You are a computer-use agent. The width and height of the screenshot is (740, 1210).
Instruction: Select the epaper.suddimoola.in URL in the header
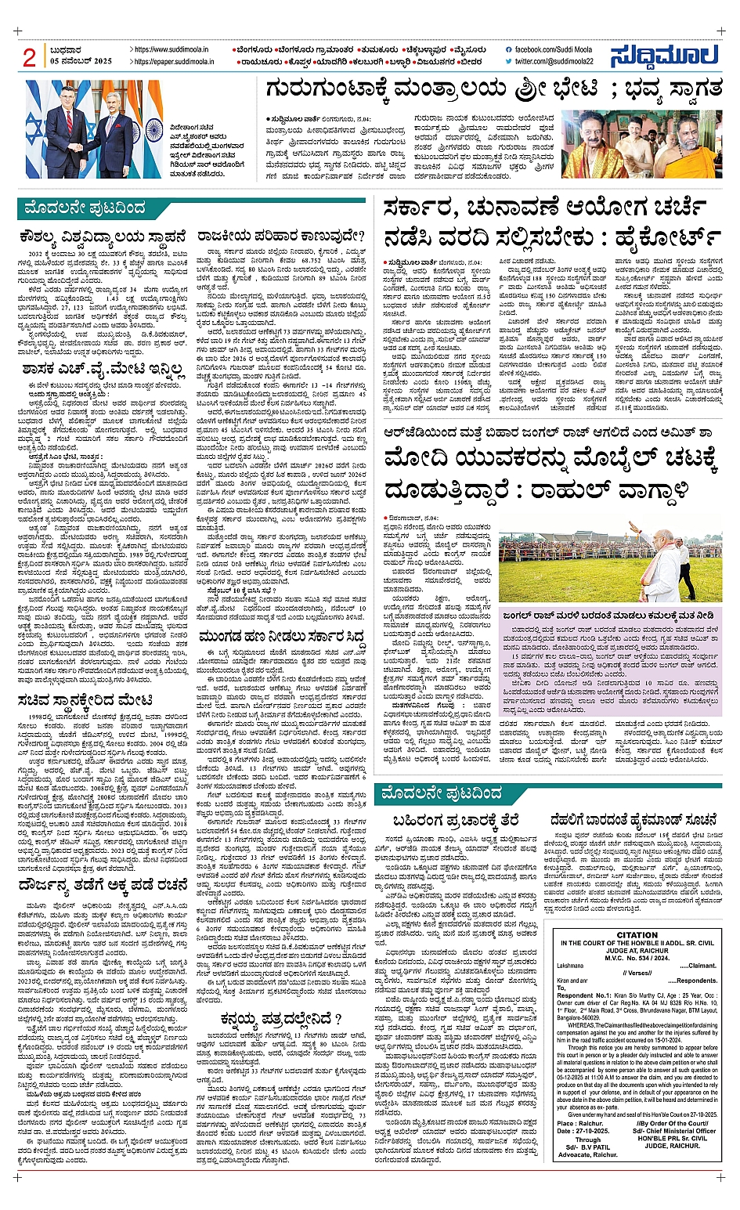(x=176, y=61)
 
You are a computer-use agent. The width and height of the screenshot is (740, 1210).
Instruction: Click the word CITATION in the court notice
(x=637, y=935)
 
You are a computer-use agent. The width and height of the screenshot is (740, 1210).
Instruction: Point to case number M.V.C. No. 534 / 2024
(x=637, y=958)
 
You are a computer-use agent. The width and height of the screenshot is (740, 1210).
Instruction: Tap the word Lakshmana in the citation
(x=572, y=966)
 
